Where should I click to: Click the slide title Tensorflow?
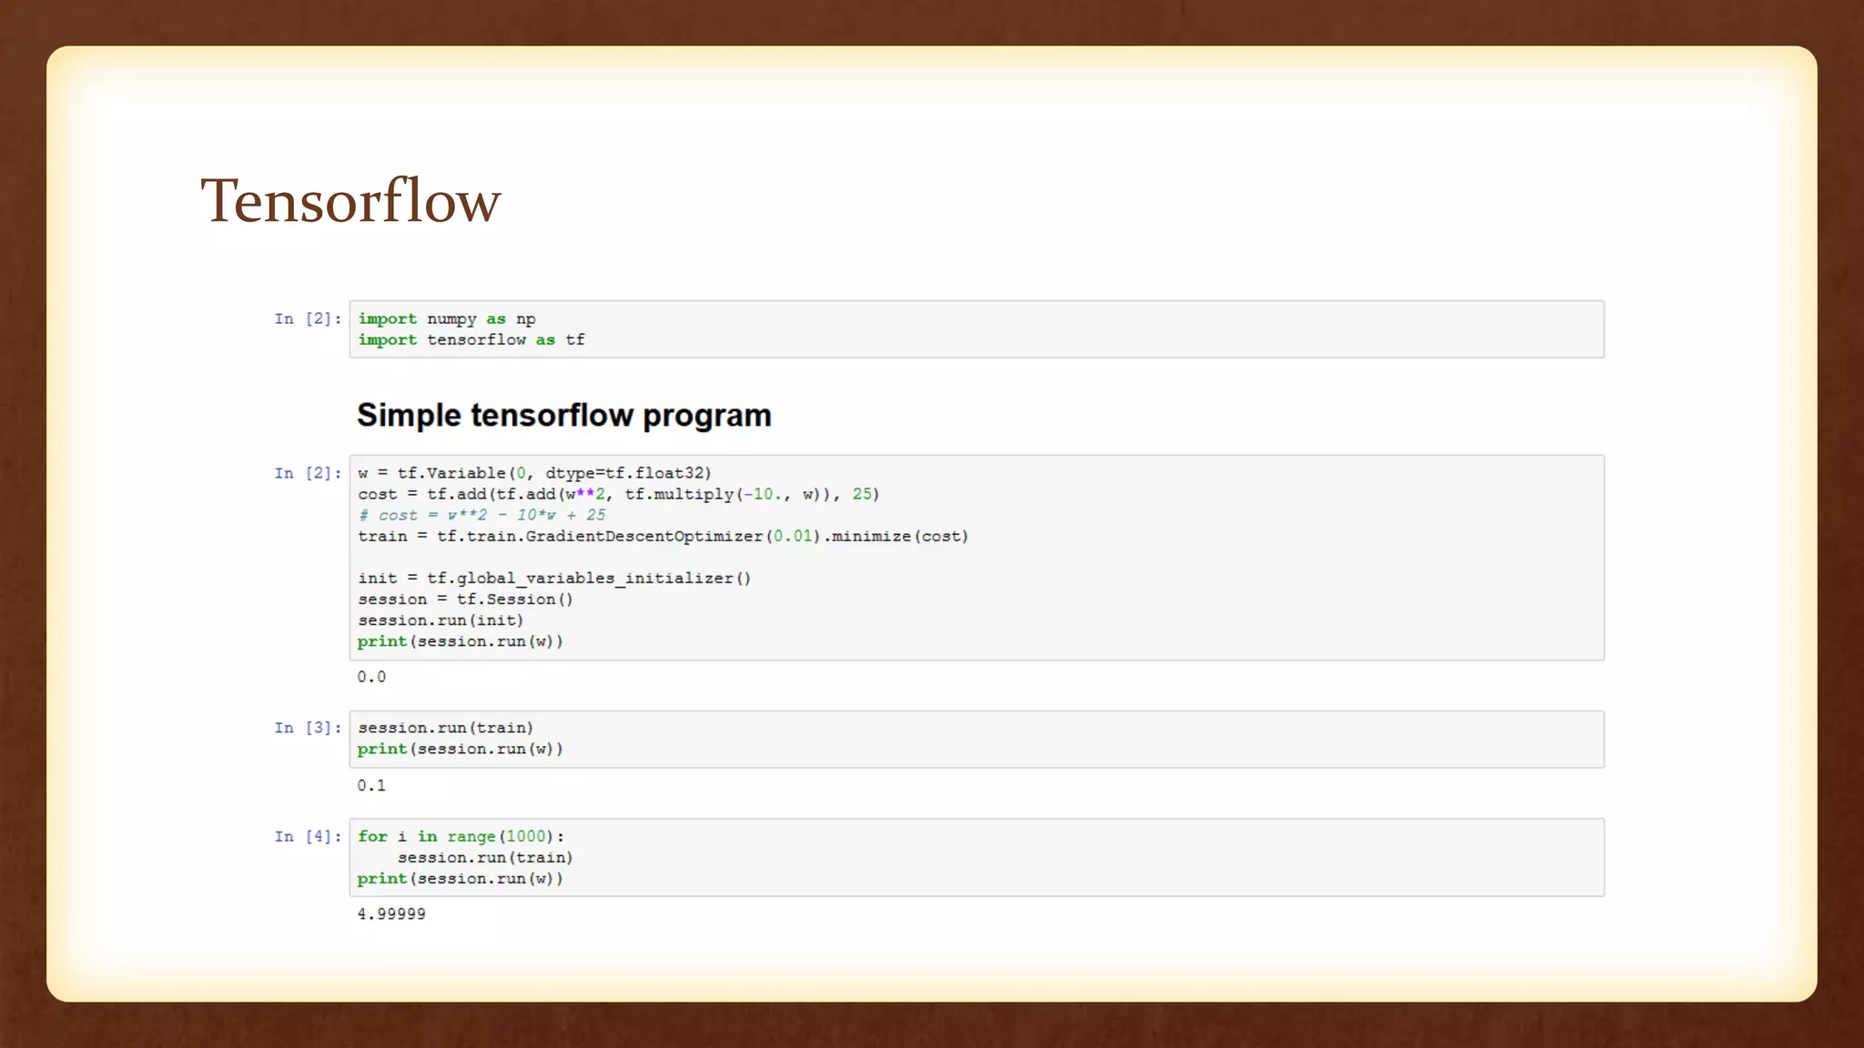point(350,201)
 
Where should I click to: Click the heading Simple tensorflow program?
point(563,415)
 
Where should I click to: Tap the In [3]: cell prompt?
point(308,728)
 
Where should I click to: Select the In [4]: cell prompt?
point(308,836)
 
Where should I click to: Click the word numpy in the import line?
point(451,318)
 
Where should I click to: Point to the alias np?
point(526,318)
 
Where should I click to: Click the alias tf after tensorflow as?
point(575,339)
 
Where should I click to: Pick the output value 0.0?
point(371,677)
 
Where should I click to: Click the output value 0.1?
point(371,785)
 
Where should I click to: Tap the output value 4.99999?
point(391,913)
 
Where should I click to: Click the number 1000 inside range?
point(526,836)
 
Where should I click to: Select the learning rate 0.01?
point(793,536)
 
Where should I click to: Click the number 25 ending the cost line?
point(862,494)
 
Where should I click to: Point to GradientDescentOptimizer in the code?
point(643,536)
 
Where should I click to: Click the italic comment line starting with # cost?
point(481,515)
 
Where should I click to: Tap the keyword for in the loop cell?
point(372,836)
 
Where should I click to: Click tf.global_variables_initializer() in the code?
point(589,578)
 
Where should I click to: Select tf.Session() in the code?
point(515,599)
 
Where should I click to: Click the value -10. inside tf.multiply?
point(763,494)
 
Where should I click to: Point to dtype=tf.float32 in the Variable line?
point(628,473)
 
